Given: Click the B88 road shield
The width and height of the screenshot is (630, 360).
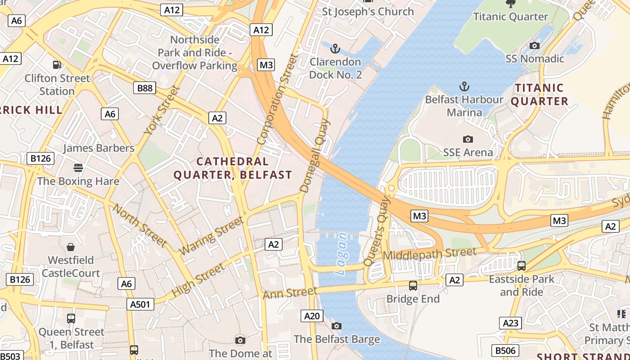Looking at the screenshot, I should [x=144, y=88].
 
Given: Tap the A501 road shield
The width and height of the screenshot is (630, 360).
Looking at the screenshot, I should [x=139, y=304].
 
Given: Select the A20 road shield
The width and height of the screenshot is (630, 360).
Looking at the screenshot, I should [x=311, y=316].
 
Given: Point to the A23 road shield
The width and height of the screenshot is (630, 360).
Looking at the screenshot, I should [x=511, y=323].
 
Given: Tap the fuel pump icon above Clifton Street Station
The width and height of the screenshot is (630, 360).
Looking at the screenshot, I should [x=57, y=65].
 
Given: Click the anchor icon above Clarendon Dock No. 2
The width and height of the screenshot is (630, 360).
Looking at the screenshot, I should [x=335, y=48].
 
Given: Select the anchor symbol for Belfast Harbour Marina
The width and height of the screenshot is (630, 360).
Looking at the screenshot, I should [x=464, y=86].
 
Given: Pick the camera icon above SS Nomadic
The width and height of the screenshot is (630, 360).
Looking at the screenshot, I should [x=535, y=45].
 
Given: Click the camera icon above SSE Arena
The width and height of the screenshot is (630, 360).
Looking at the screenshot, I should [x=468, y=139].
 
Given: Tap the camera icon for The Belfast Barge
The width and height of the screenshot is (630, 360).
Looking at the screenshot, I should [x=337, y=326].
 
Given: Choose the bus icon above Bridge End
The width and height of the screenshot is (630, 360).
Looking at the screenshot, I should [x=413, y=285].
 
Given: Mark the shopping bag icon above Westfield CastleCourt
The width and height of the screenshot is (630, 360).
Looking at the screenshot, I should [x=71, y=247].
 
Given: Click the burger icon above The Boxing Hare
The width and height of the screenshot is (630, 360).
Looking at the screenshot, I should [x=78, y=168].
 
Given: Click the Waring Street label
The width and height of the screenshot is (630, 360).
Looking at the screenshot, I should [x=211, y=235].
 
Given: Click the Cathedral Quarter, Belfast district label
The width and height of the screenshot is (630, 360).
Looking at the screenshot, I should [x=233, y=168].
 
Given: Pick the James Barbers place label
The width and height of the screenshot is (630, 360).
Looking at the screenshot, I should [x=99, y=148].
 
